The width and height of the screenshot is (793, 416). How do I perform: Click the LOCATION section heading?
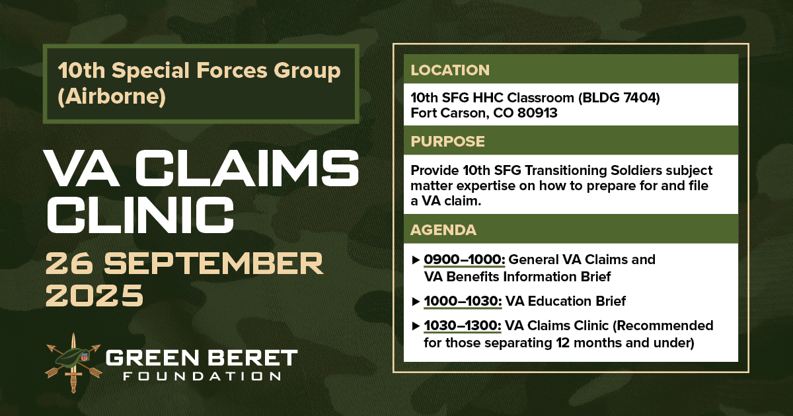coord(450,70)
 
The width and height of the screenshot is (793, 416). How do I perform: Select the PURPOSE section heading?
coord(447,141)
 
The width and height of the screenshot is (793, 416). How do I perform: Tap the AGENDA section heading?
coord(443,230)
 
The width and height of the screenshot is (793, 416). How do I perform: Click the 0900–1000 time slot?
coord(465,260)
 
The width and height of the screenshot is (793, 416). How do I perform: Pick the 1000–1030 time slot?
coord(463,301)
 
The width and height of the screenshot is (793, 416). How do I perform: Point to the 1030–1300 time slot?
coord(463,326)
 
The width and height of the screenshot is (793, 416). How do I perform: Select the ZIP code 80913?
coord(537,113)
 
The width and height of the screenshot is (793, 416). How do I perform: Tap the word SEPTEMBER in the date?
coord(213,263)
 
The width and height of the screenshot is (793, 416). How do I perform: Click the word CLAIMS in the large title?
coord(247,168)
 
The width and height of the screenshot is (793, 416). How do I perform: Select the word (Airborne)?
coord(112,96)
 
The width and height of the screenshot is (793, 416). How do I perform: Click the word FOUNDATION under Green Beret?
coord(202,376)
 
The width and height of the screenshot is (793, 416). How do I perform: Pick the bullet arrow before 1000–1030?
coord(416,301)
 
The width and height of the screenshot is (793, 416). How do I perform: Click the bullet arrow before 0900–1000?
coord(416,260)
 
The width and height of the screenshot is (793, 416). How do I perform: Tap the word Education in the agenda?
coord(559,301)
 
